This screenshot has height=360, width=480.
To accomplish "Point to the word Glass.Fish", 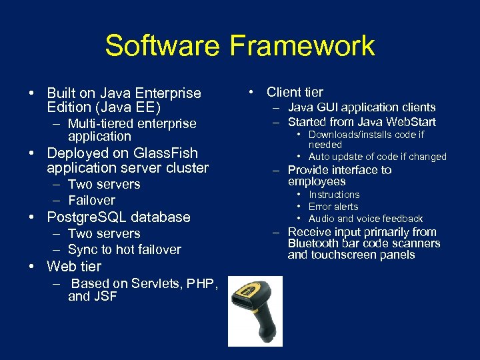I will pos(165,153).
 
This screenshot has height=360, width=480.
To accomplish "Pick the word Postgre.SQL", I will pos(85,217).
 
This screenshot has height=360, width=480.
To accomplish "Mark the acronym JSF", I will pos(105,297).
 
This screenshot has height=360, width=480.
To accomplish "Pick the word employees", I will pos(317,181).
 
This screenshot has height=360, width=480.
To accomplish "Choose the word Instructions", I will pos(334,195).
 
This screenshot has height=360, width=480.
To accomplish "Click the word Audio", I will pos(321,219).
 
